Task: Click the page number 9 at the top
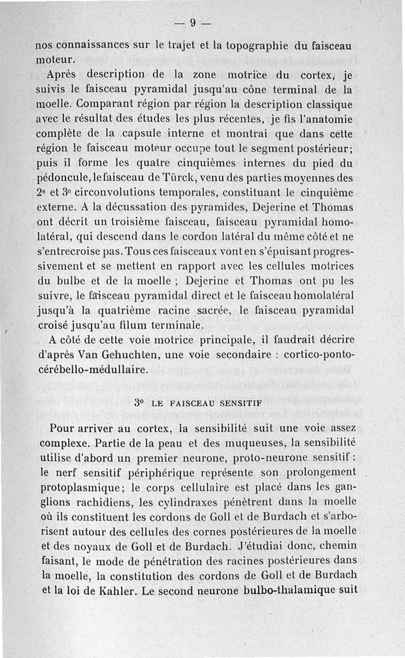(x=193, y=22)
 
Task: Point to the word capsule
(x=145, y=135)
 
